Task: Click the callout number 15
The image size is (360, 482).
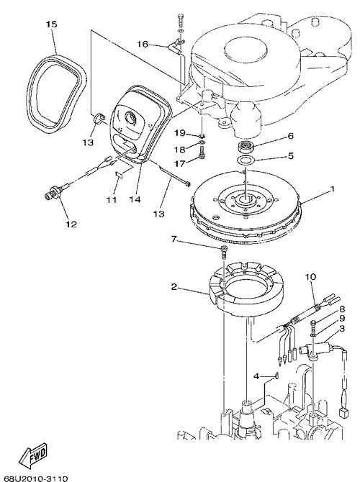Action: [52, 24]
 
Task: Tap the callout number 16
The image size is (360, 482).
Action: [143, 45]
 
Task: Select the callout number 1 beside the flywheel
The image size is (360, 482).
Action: [332, 189]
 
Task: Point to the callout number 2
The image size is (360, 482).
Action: [174, 287]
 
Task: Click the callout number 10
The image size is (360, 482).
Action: [310, 277]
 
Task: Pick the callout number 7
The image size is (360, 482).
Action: [174, 239]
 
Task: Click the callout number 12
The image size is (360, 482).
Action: [71, 224]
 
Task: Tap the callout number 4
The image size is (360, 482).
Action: [257, 376]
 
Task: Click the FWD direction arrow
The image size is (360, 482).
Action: [33, 455]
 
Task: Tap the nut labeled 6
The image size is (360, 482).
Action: [246, 147]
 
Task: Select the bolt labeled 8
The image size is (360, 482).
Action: [313, 324]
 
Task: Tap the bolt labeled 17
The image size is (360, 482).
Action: [202, 152]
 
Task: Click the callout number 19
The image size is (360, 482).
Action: [180, 133]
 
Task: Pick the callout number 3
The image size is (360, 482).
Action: [342, 328]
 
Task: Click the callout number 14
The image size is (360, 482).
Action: [135, 200]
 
